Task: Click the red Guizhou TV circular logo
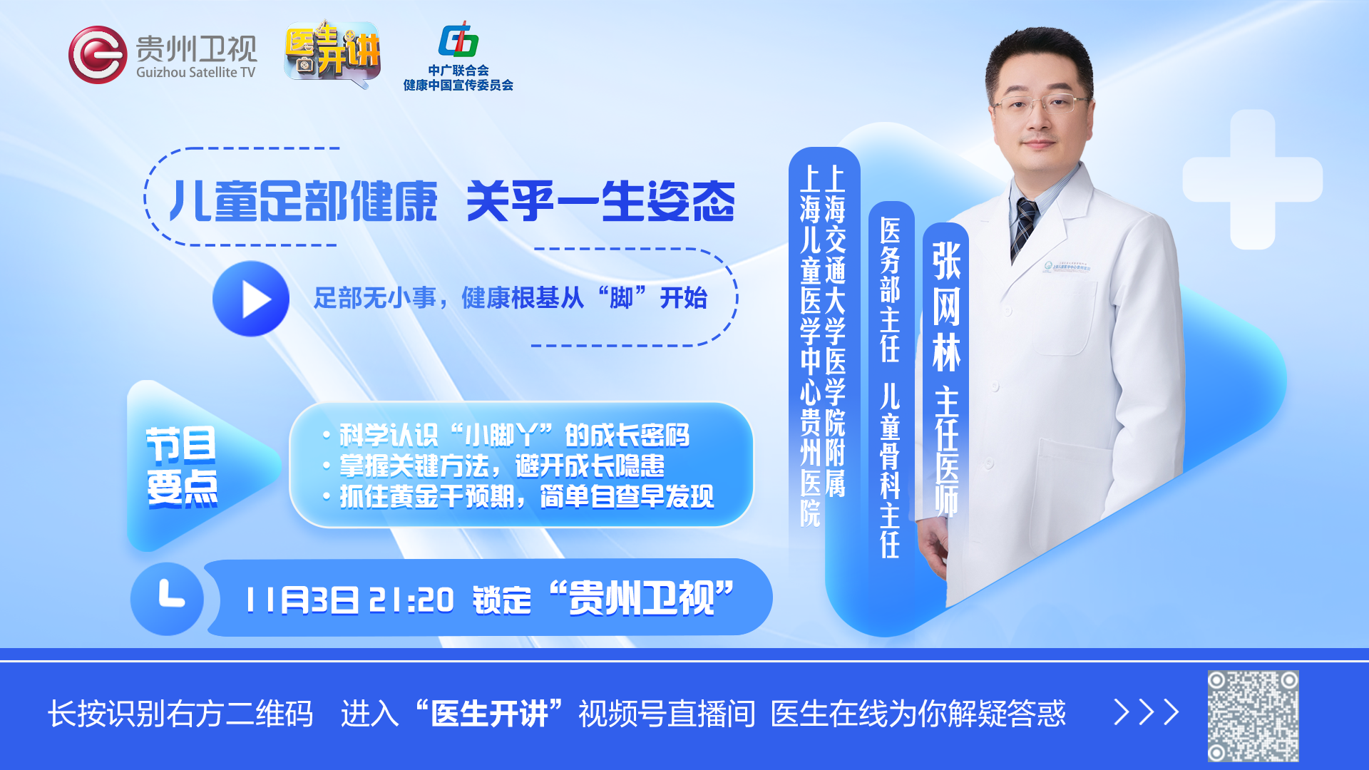pos(98,55)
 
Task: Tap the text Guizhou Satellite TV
pos(195,73)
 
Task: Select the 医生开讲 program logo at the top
pos(332,51)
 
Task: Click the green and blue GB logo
pos(458,39)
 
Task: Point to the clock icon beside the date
pos(167,599)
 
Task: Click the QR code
pos(1253,716)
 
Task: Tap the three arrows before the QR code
pos(1147,712)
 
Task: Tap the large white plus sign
pos(1253,180)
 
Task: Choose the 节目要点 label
pos(181,467)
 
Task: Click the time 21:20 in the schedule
pos(411,600)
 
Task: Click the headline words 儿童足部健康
pos(303,201)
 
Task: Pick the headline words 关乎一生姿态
pos(600,201)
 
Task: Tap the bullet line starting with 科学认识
pos(506,435)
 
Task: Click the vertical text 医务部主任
pos(890,289)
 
